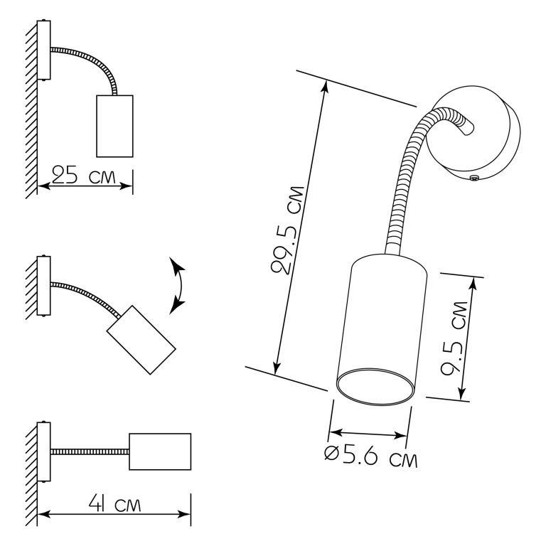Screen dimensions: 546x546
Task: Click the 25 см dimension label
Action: tap(83, 175)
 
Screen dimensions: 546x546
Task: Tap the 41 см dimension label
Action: tap(114, 503)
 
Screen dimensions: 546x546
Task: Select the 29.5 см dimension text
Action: tap(288, 230)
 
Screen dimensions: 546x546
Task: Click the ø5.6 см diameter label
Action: tap(371, 456)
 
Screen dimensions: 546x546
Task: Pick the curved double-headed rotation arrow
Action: tap(177, 286)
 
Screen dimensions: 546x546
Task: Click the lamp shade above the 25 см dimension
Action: tap(114, 126)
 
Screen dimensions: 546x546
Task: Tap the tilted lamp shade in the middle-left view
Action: tap(141, 340)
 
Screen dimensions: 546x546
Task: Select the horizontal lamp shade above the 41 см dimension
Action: tap(160, 451)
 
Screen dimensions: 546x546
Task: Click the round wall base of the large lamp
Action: tap(473, 133)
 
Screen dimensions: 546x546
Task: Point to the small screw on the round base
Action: tap(473, 178)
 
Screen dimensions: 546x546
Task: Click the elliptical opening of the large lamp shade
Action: tap(375, 387)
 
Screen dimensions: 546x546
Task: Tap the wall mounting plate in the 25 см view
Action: tap(44, 50)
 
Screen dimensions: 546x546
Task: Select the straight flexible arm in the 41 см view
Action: tap(90, 451)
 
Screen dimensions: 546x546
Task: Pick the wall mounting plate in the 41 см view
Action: tap(44, 451)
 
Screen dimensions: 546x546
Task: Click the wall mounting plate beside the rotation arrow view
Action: tap(44, 286)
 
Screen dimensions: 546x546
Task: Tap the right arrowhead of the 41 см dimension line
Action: tap(184, 514)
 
